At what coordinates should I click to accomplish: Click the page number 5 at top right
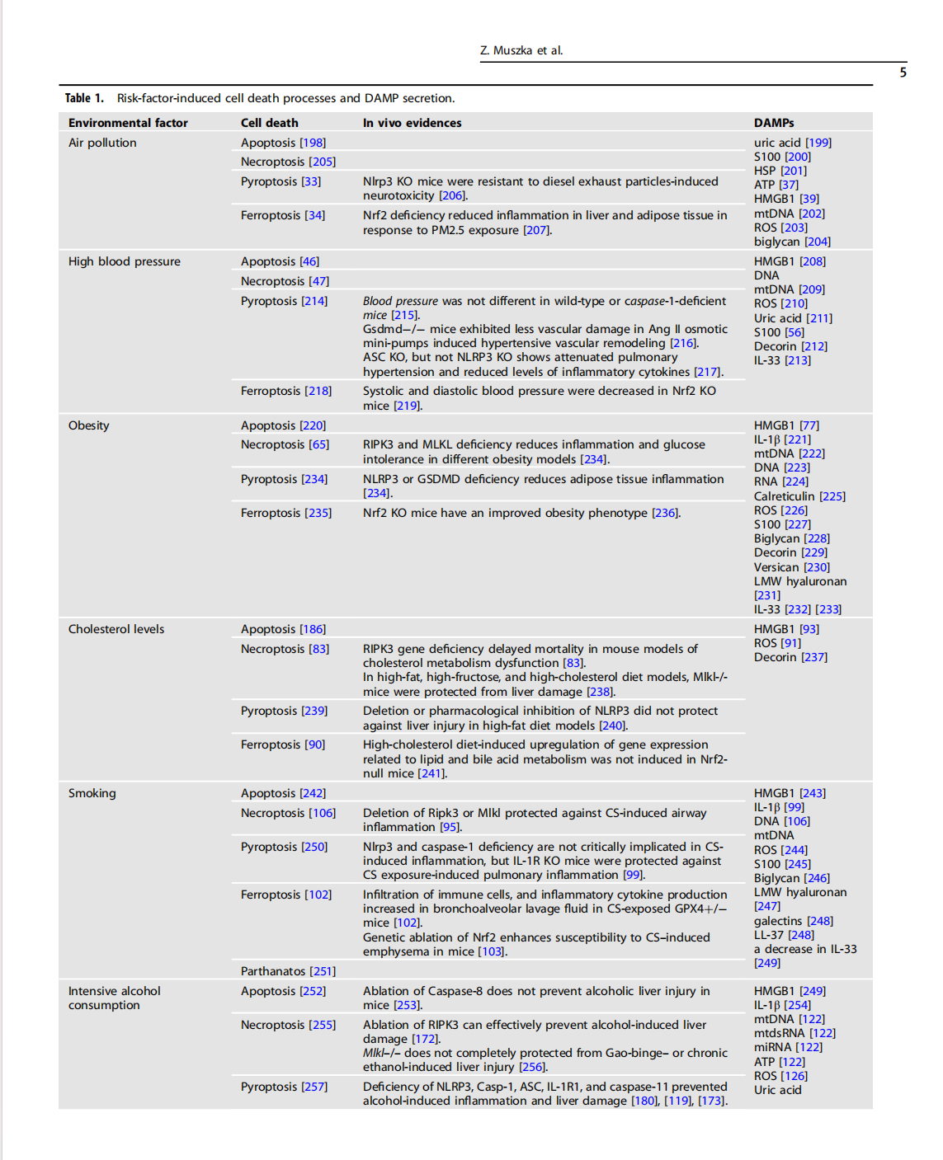point(903,73)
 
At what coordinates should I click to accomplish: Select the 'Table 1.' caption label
point(84,98)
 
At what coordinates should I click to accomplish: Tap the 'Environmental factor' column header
point(128,123)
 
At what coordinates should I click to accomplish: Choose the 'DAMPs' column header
point(774,123)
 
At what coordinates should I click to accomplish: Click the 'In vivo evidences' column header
point(412,123)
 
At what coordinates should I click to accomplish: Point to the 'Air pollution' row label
point(102,143)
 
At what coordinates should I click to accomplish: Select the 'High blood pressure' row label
point(124,261)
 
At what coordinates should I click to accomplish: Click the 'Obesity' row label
point(88,425)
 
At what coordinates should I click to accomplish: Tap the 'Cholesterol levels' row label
point(116,629)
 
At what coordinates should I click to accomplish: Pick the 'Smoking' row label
point(92,793)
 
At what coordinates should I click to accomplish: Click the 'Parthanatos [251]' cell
point(288,971)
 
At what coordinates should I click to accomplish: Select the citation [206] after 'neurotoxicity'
point(452,195)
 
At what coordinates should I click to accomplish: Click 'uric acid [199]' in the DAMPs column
point(792,143)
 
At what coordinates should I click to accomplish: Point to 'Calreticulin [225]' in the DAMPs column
point(799,496)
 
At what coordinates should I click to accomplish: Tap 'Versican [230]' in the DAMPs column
point(791,567)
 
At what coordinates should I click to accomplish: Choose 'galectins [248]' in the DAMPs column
point(793,921)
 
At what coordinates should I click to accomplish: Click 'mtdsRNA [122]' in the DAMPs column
point(794,1033)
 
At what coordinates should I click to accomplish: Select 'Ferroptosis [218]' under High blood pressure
point(285,391)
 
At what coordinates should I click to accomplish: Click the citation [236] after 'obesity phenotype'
point(665,513)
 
